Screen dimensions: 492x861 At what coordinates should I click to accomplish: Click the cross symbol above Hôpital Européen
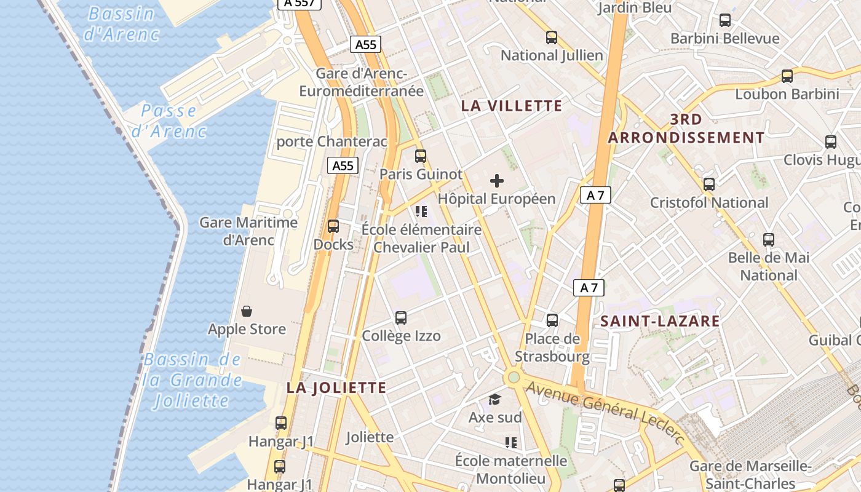[497, 181]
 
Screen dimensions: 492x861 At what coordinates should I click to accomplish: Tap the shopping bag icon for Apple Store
[247, 311]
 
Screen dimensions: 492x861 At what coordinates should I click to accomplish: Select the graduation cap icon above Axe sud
[495, 400]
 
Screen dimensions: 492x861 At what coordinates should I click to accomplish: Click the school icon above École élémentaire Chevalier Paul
[421, 212]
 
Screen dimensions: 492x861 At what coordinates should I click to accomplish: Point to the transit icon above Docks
[333, 226]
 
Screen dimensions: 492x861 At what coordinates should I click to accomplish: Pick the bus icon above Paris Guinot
[421, 156]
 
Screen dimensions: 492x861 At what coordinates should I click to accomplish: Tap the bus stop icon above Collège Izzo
[401, 318]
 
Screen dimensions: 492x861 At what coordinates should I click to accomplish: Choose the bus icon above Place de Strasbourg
[552, 320]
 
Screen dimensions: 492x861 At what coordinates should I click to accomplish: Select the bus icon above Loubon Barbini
[787, 76]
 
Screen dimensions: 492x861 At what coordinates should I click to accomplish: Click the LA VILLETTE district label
[512, 106]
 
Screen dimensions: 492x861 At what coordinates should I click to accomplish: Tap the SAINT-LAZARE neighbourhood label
[660, 321]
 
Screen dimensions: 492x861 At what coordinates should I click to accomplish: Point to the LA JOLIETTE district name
[336, 387]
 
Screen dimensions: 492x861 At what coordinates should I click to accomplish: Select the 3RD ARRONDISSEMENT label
[686, 129]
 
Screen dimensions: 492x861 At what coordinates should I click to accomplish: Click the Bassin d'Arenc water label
[121, 23]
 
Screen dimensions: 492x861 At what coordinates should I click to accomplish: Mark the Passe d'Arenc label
[169, 121]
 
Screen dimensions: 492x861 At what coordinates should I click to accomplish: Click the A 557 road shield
[300, 3]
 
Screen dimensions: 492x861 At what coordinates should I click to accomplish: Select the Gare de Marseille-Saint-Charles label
[750, 474]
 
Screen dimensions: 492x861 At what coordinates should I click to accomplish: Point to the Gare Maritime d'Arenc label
[248, 231]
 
